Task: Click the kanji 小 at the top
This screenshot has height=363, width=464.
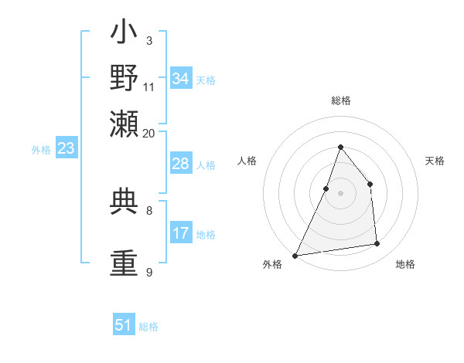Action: click(x=124, y=36)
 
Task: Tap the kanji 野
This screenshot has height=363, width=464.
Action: click(x=124, y=79)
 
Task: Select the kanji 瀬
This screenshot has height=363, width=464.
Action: click(x=124, y=122)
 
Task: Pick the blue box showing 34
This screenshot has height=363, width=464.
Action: click(x=181, y=79)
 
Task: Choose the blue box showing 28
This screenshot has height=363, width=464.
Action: click(x=181, y=164)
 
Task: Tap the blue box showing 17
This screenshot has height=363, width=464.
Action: click(x=181, y=233)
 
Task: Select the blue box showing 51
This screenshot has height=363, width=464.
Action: click(x=124, y=325)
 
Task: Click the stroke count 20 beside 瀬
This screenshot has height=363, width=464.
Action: click(x=149, y=133)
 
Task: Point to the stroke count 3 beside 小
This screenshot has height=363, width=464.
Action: click(x=148, y=40)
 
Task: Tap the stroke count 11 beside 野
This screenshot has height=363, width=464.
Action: click(x=149, y=86)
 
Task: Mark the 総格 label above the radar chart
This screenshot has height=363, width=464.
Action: click(x=340, y=100)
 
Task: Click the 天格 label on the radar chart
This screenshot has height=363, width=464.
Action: click(x=435, y=161)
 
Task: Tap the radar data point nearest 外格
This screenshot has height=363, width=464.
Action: click(x=295, y=255)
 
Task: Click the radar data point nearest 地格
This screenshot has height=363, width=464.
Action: click(x=377, y=244)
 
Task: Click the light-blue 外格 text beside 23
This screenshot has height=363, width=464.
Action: click(x=41, y=150)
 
